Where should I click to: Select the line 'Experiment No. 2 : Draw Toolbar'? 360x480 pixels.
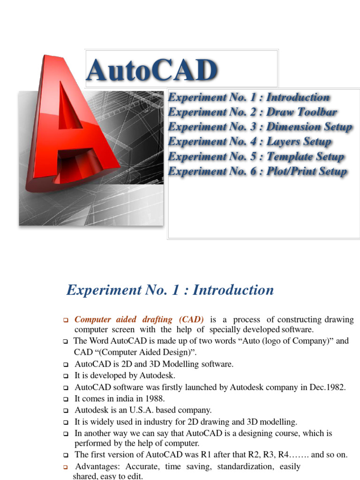coord(252,112)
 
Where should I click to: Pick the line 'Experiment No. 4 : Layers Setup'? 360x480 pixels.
coord(249,142)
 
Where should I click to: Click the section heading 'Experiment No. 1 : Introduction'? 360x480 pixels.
coord(170,290)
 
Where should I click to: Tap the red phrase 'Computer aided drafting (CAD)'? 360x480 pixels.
coord(139,320)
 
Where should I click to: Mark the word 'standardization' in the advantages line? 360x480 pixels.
coord(243,467)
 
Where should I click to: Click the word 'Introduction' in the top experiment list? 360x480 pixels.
coord(298,97)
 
